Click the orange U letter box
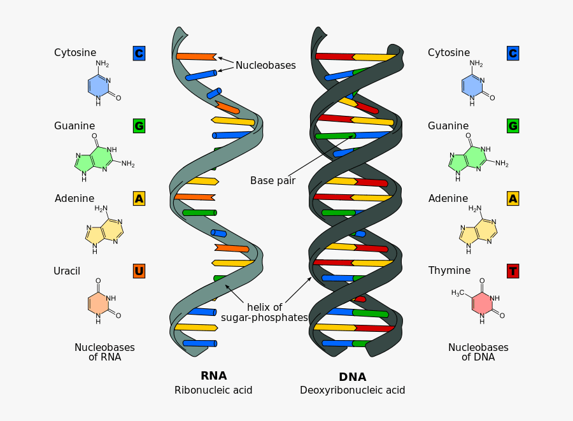coord(139,271)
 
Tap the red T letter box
coord(513,271)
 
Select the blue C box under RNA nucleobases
coord(139,54)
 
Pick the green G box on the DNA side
coord(513,126)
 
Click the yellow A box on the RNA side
coord(139,199)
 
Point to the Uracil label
coord(67,271)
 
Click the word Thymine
coord(449,271)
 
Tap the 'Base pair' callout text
coord(272,180)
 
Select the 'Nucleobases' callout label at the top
coord(265,65)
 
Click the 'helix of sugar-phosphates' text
coord(264,312)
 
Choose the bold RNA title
coord(213,376)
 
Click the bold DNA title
coord(352,377)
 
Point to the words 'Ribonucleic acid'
coord(213,390)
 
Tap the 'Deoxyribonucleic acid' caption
coord(352,390)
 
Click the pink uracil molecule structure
coord(99,303)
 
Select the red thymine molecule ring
coord(482,304)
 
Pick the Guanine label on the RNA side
coord(74,126)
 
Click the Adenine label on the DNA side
coord(448,199)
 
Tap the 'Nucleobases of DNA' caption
coord(478,352)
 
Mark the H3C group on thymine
coord(458,293)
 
